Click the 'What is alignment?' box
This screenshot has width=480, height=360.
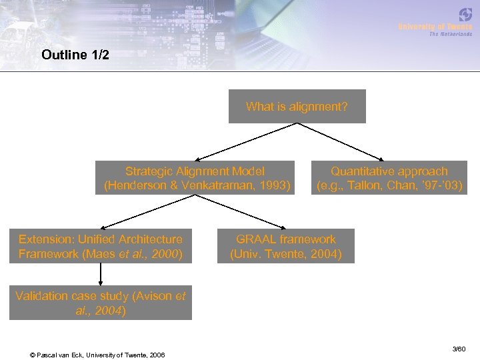pos(297,107)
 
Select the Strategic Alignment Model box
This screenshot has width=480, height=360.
pos(194,178)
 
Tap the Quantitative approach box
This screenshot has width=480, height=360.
pos(389,178)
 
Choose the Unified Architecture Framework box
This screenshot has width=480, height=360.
pos(100,246)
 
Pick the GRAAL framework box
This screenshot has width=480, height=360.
pos(285,246)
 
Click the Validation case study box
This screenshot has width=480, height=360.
pos(100,303)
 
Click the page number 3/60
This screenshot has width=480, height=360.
pos(459,349)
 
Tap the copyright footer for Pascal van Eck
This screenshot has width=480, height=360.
pos(97,354)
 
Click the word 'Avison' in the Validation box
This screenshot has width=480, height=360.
pos(151,295)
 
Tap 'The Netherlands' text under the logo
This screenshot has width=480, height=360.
pos(450,34)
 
